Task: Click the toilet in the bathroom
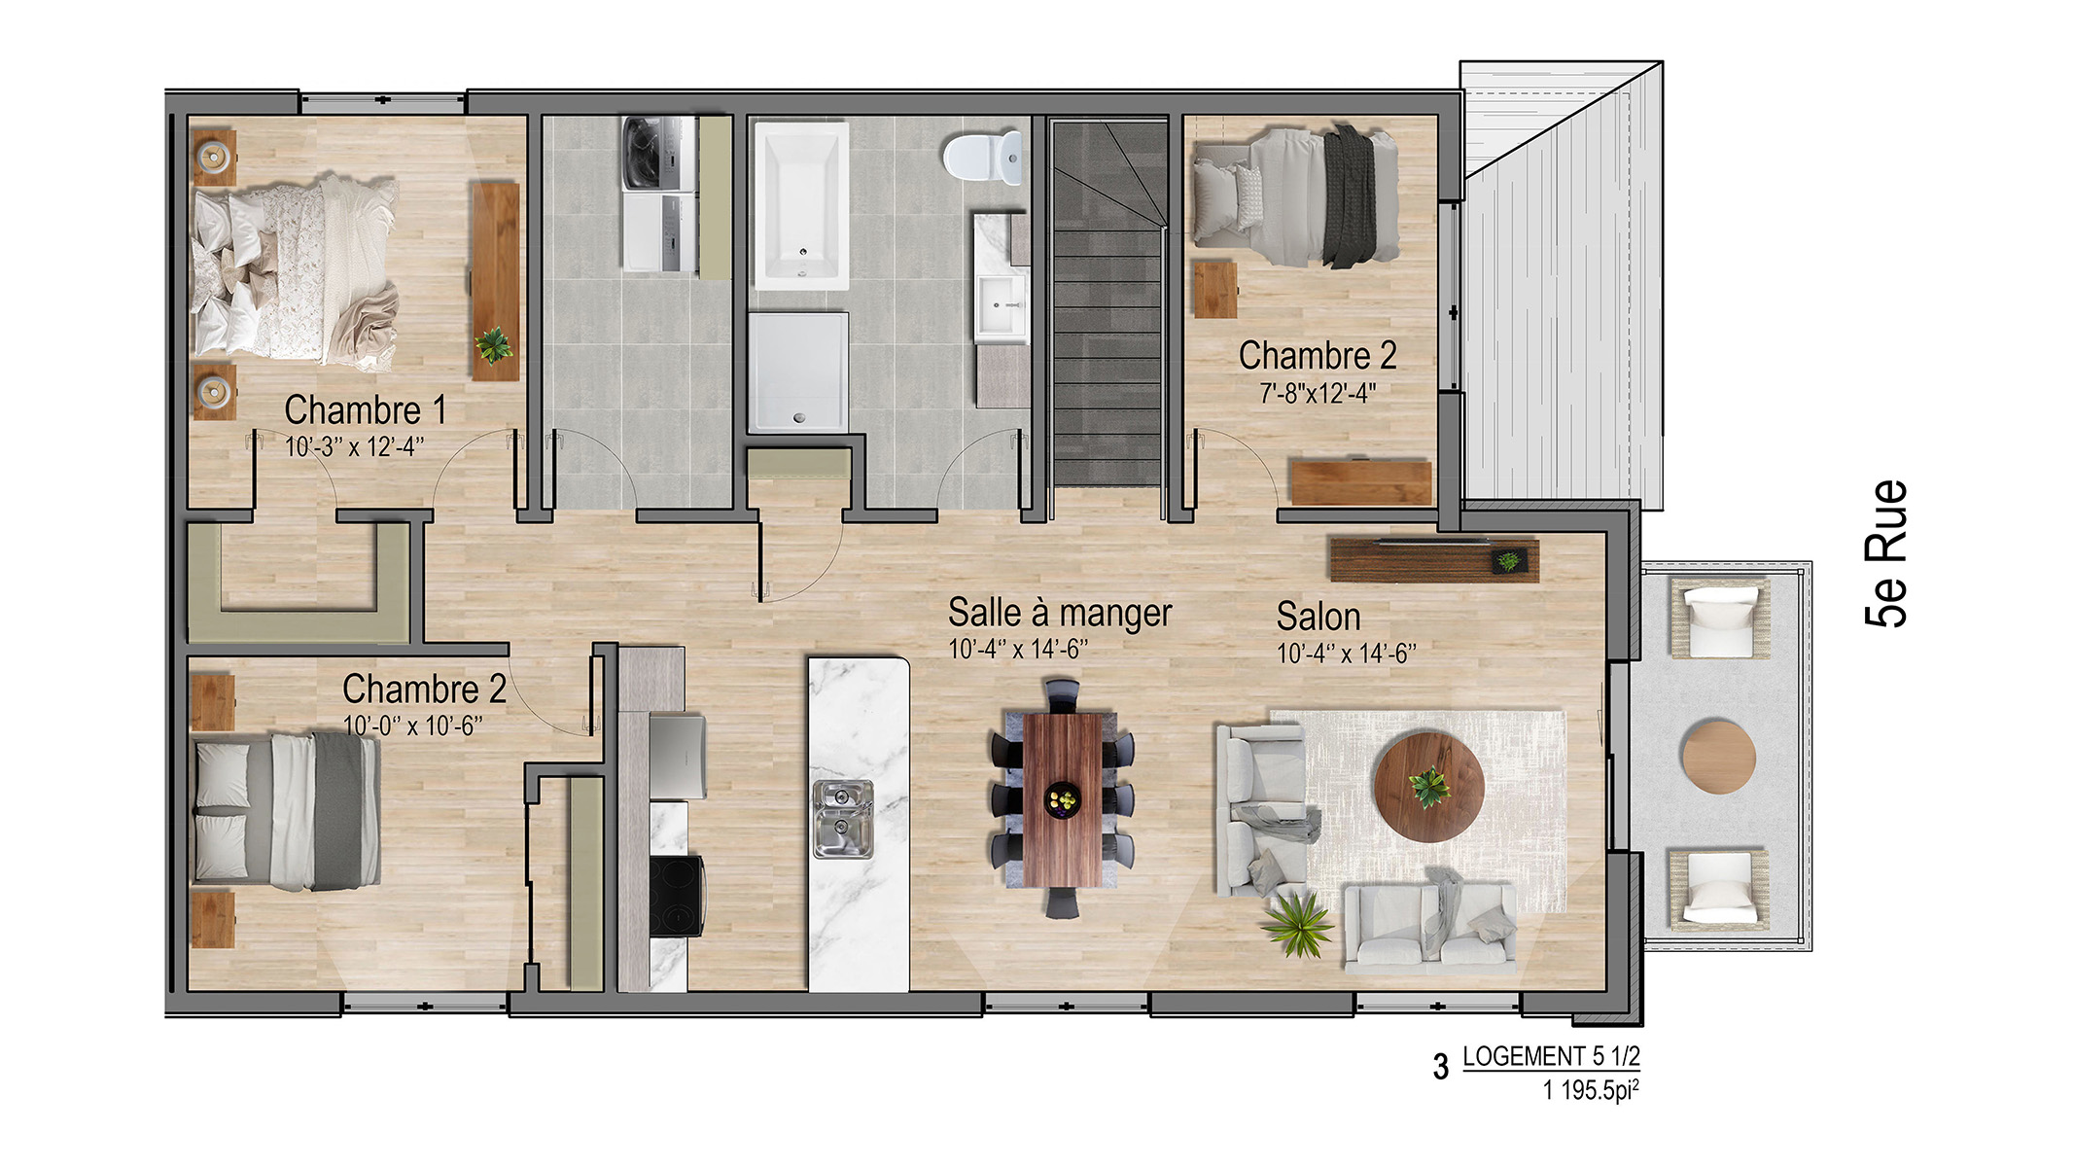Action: point(983,158)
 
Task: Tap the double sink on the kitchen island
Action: point(842,819)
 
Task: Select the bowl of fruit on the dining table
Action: point(1062,800)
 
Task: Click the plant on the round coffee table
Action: point(1429,786)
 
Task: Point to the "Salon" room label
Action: point(1318,617)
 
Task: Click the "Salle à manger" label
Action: point(1060,613)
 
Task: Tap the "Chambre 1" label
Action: point(366,409)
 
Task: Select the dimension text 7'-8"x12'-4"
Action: point(1318,394)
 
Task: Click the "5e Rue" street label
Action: point(1887,552)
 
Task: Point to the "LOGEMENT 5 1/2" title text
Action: point(1551,1056)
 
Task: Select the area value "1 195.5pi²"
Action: point(1590,1090)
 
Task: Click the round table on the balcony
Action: point(1718,757)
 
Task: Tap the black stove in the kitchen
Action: point(677,896)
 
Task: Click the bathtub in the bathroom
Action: point(801,205)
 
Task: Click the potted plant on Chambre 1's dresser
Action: point(494,344)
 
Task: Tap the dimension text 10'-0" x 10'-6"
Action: point(412,725)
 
